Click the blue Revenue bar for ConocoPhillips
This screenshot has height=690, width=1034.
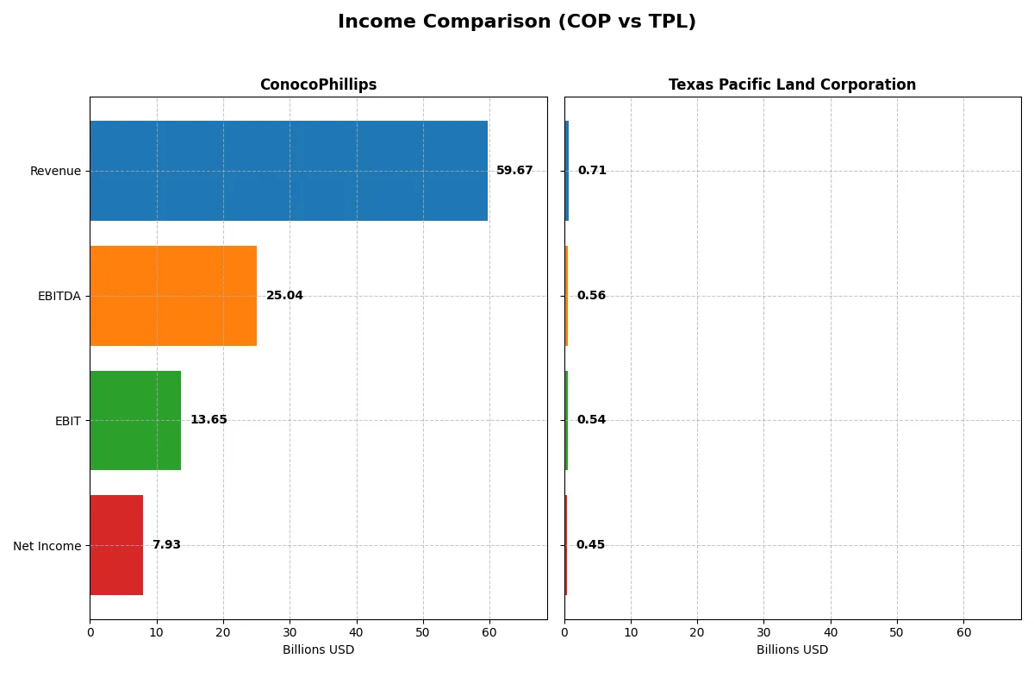pyautogui.click(x=289, y=171)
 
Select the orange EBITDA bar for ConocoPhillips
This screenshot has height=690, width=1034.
pyautogui.click(x=173, y=296)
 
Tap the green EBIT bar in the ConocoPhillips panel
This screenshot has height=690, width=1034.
pyautogui.click(x=135, y=421)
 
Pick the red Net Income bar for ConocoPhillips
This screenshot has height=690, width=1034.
pyautogui.click(x=116, y=545)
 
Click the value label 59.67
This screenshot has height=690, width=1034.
pyautogui.click(x=514, y=171)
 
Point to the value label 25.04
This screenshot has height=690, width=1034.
pyautogui.click(x=284, y=296)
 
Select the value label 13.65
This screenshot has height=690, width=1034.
pyautogui.click(x=209, y=420)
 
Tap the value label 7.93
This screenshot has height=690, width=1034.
pyautogui.click(x=166, y=545)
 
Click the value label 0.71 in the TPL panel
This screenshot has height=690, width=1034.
pyautogui.click(x=592, y=171)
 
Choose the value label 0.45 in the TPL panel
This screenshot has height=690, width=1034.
pyautogui.click(x=590, y=545)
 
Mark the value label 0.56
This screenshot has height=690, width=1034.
pyautogui.click(x=591, y=296)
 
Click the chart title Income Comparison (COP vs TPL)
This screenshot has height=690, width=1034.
pyautogui.click(x=517, y=22)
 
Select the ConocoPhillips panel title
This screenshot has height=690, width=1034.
pyautogui.click(x=318, y=85)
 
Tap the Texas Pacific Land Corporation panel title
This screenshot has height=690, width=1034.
pyautogui.click(x=792, y=85)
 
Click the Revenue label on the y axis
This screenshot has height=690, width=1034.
pyautogui.click(x=55, y=171)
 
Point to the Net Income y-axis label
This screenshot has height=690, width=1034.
pyautogui.click(x=47, y=546)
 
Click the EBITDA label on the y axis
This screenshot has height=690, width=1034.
pyautogui.click(x=59, y=296)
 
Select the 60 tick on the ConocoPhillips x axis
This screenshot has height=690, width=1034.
pyautogui.click(x=489, y=632)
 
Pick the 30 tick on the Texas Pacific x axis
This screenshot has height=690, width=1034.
pyautogui.click(x=763, y=632)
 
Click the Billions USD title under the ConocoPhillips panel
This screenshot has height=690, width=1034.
pyautogui.click(x=318, y=650)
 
